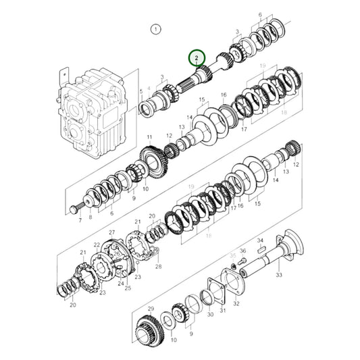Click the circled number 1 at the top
tap(156, 29)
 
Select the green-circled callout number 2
tap(197, 58)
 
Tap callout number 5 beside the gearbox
tap(140, 91)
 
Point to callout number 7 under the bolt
tap(79, 220)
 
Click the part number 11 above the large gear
tap(148, 138)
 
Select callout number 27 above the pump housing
tap(112, 232)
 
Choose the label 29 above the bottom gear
tap(152, 308)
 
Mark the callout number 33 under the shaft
tap(279, 275)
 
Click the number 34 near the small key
tap(259, 240)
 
